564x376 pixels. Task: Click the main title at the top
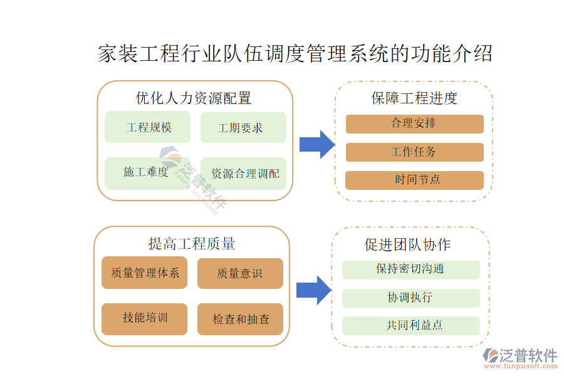[x=295, y=53]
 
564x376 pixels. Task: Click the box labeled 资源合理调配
[x=243, y=174]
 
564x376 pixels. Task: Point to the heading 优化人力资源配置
[x=194, y=98]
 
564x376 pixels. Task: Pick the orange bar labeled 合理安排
[x=414, y=123]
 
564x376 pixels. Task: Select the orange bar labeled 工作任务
[x=414, y=152]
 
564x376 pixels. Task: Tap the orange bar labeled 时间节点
[x=414, y=180]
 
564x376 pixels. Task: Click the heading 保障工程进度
[x=414, y=98]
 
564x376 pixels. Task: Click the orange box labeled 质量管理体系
[x=145, y=273]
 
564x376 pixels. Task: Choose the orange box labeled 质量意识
[x=240, y=273]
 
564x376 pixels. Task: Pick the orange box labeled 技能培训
[x=145, y=318]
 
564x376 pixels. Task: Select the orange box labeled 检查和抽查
[x=240, y=319]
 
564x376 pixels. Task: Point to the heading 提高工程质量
[x=192, y=243]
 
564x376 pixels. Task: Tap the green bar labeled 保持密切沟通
[x=410, y=269]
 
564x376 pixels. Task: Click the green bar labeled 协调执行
[x=410, y=298]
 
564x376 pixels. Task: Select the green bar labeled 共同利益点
[x=410, y=326]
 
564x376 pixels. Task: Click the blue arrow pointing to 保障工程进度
[x=316, y=145]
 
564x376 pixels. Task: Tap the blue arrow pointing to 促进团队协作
[x=313, y=290]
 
